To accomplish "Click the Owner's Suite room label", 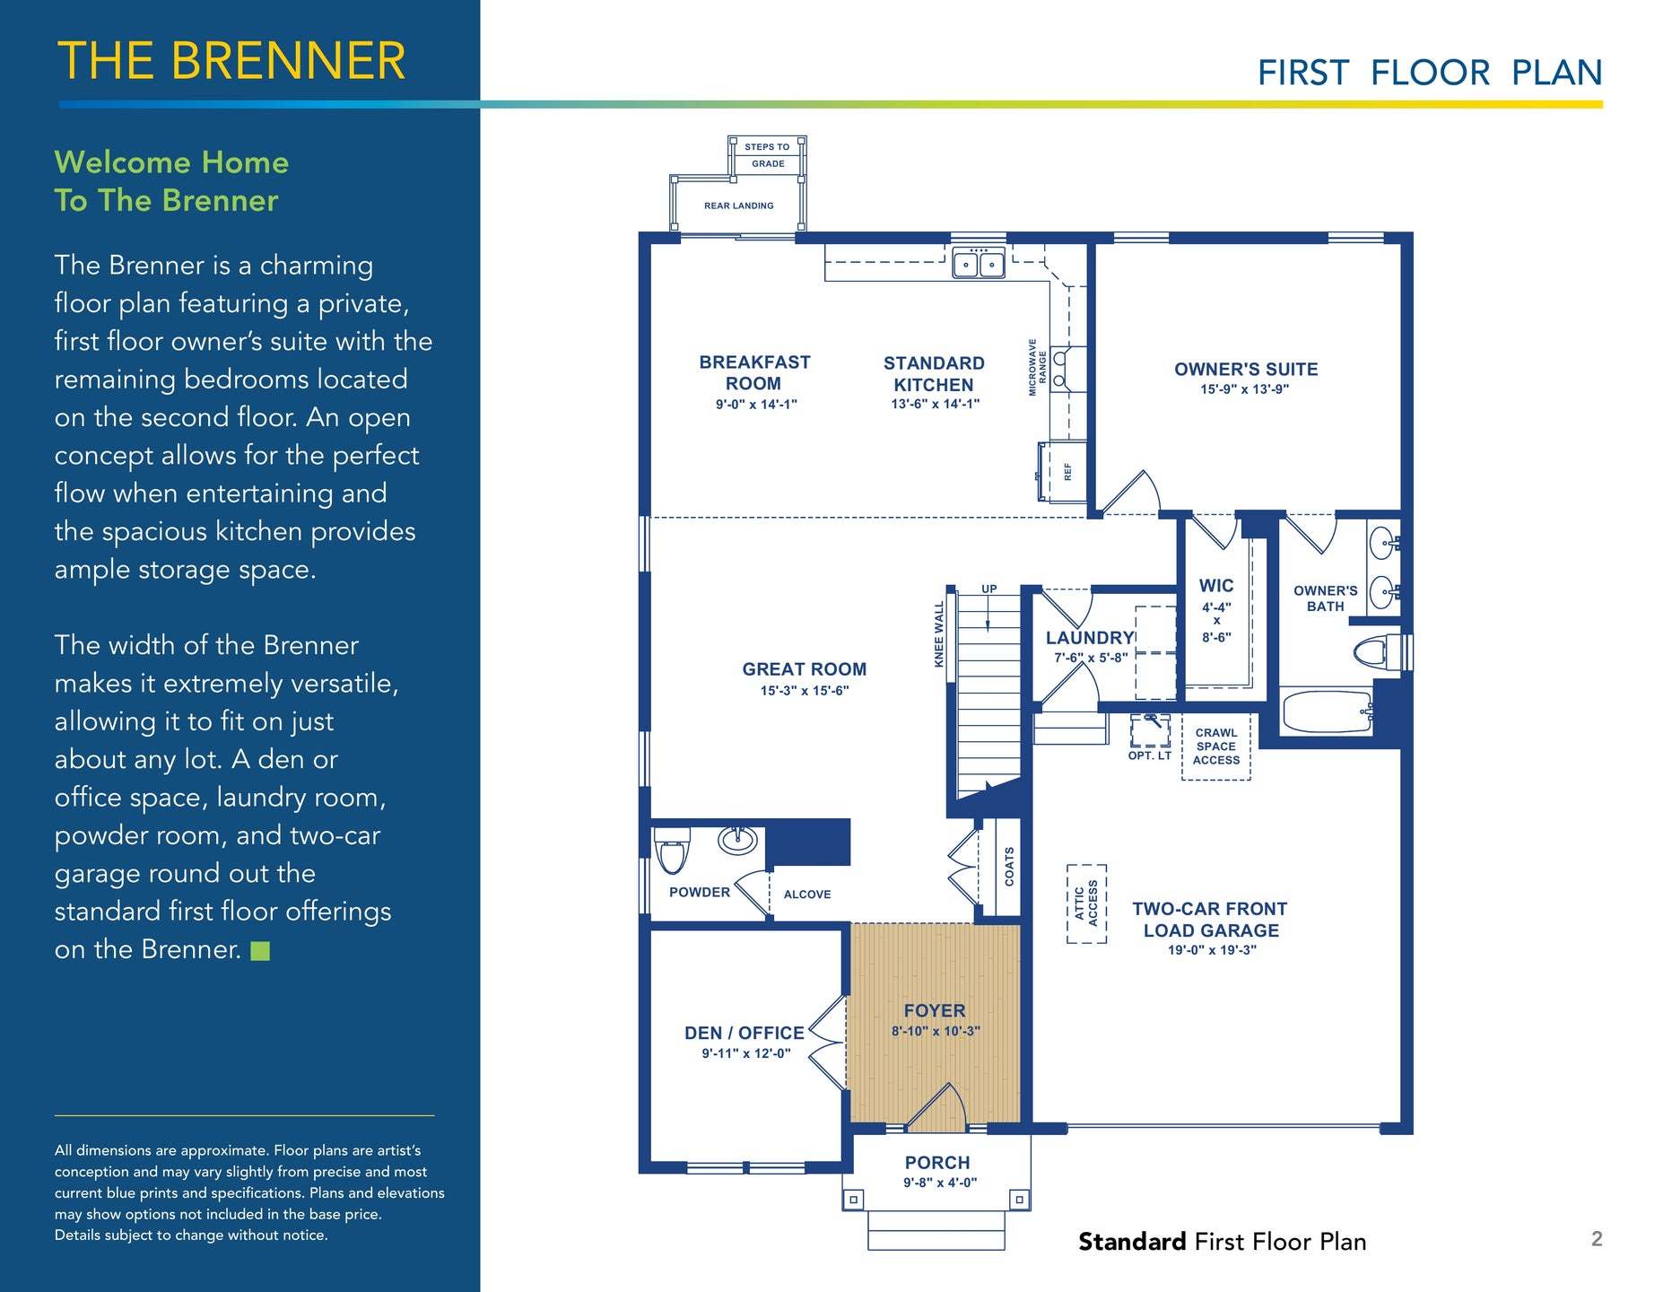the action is [1246, 369].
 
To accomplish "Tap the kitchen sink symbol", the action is [979, 263].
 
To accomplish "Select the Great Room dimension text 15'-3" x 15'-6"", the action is [805, 691].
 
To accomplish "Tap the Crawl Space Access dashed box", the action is [1216, 746].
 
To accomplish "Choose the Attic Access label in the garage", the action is [1086, 904].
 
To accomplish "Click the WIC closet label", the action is [1216, 586].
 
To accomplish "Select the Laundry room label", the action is [1090, 638].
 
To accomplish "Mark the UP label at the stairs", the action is [988, 589].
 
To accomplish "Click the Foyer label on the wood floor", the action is [935, 1010].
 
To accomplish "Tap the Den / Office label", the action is [745, 1033].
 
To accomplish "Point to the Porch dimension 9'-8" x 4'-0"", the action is [940, 1183].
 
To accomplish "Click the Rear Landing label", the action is [739, 205].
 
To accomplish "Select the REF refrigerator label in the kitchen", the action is [1067, 471].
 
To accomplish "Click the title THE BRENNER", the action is [231, 61].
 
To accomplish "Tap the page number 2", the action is [1597, 1239].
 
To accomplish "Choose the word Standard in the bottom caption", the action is [1132, 1242].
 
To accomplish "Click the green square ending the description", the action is [260, 951].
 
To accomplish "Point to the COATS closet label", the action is [1009, 867].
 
